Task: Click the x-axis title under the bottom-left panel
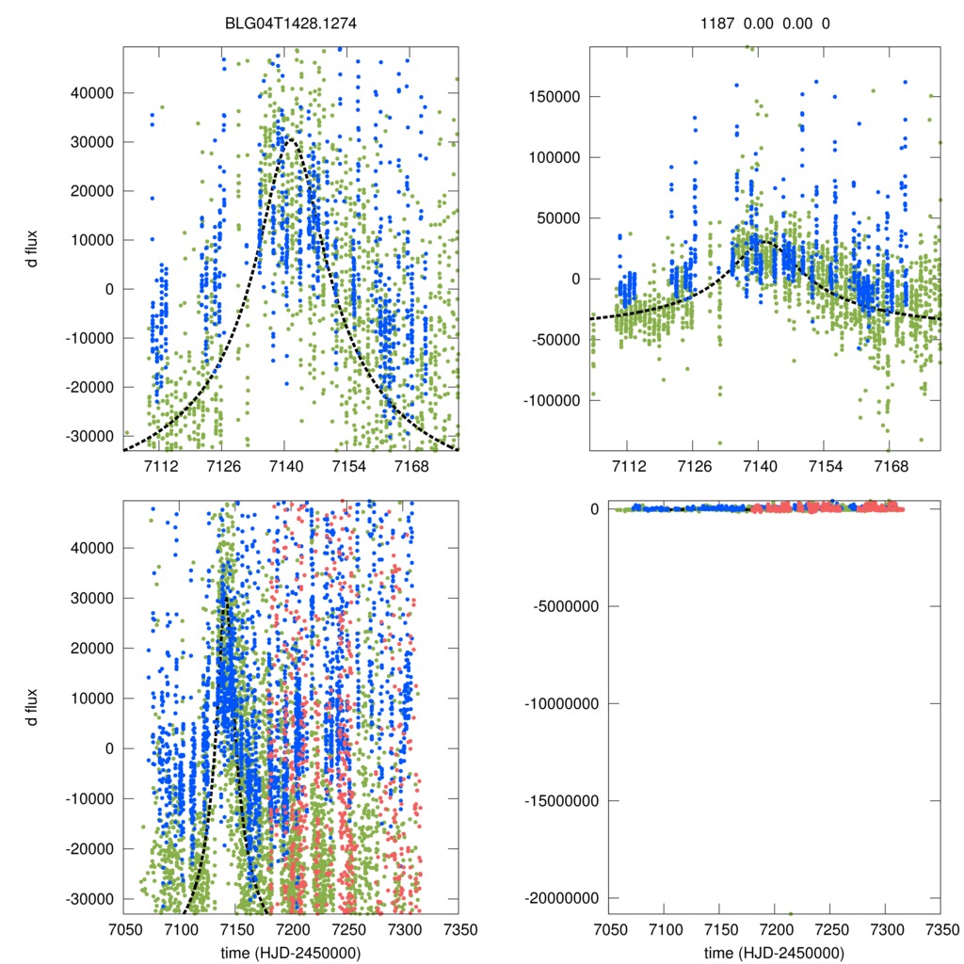(x=290, y=952)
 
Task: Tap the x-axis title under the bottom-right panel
(x=774, y=952)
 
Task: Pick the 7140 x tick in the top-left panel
(x=285, y=465)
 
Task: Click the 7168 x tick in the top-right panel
(x=891, y=465)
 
